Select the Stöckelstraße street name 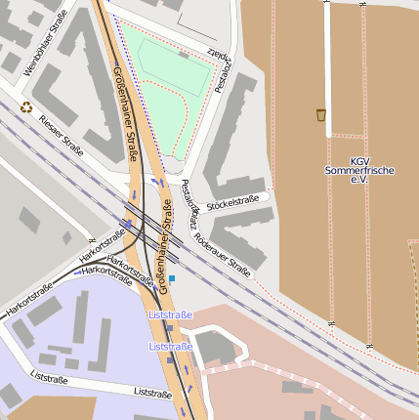point(232,200)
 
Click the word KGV point(359,161)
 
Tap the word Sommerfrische point(359,171)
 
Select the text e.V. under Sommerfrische point(359,181)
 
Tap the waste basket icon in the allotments point(321,115)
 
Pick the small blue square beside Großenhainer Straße point(172,278)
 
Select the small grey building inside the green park point(184,56)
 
